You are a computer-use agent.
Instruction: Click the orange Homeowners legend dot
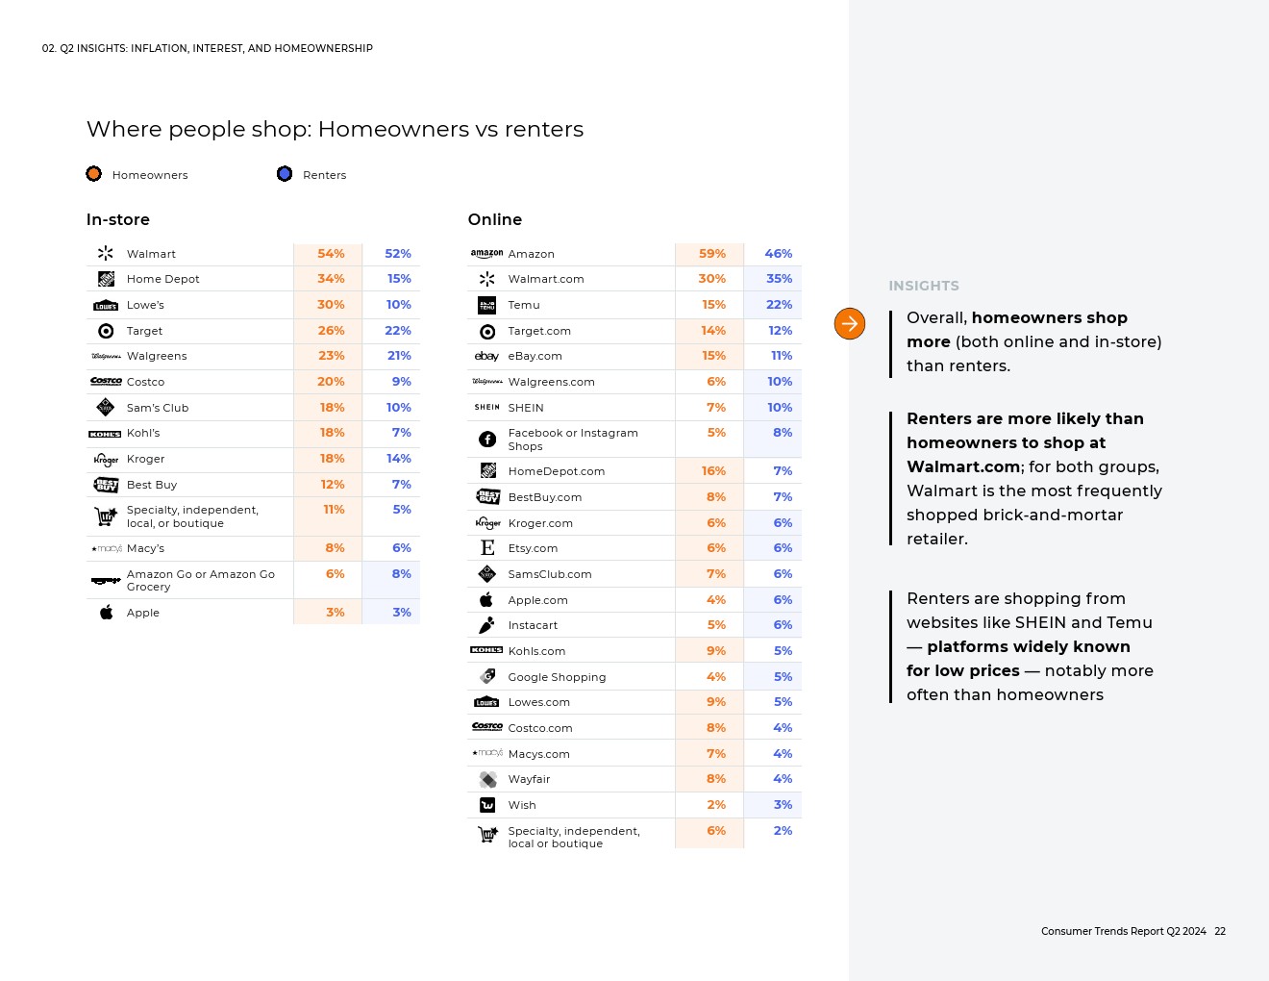[93, 174]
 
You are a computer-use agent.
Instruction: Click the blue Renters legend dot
[285, 174]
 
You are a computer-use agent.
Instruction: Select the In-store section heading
[118, 220]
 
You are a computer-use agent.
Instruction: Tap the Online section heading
[495, 220]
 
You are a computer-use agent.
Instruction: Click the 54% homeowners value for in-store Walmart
[331, 254]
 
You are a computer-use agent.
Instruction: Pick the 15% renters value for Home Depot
[399, 279]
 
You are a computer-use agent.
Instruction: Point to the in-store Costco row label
[146, 382]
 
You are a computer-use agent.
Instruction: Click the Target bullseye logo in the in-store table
[107, 331]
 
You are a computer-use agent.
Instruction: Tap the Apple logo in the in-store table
[107, 613]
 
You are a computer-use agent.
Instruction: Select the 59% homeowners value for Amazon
[712, 254]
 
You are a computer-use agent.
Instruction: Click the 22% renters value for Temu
[779, 305]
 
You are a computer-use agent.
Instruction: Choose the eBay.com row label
[535, 356]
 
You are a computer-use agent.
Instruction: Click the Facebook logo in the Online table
[487, 440]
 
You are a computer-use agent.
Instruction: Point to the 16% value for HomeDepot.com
[713, 471]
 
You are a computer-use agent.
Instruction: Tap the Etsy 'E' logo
[487, 548]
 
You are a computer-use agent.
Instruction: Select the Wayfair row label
[529, 779]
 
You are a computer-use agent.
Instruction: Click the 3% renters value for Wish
[783, 805]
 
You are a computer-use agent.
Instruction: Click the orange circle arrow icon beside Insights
[850, 324]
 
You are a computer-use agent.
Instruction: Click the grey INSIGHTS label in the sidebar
[924, 286]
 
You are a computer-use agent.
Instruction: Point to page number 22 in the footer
[1220, 931]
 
